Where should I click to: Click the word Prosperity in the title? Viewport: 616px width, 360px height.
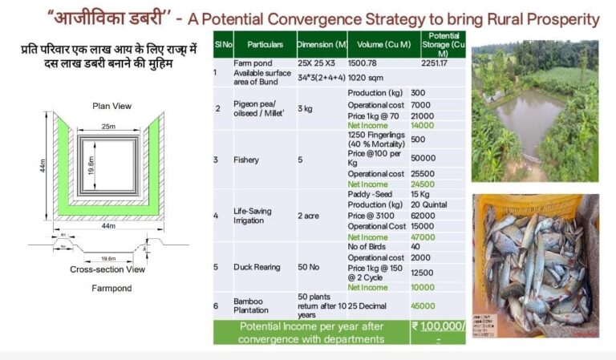[x=564, y=18]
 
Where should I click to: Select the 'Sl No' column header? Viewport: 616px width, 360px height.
[x=222, y=45]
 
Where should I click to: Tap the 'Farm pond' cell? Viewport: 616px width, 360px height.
[x=251, y=63]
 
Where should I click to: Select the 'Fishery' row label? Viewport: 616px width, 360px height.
[x=247, y=160]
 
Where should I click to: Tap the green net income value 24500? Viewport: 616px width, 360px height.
[x=422, y=184]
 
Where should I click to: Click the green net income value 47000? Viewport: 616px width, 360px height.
[x=422, y=237]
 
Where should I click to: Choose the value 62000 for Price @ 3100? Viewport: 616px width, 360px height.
[x=422, y=216]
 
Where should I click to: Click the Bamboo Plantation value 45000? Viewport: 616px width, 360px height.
[x=422, y=305]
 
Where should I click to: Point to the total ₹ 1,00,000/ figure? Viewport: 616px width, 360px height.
[x=438, y=327]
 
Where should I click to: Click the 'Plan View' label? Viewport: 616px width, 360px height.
[x=112, y=106]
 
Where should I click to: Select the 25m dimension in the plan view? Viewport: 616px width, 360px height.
[x=107, y=126]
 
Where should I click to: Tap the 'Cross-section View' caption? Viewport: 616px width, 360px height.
[x=108, y=270]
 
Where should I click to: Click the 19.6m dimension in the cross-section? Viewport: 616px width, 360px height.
[x=108, y=258]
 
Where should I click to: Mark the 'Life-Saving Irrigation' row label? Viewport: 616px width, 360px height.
[x=252, y=216]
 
